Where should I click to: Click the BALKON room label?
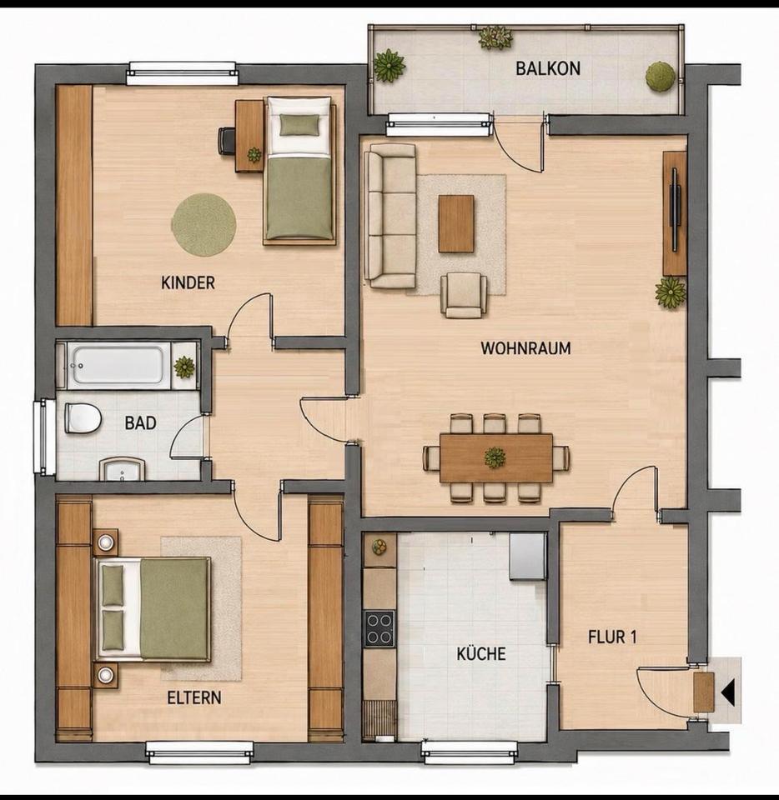[548, 68]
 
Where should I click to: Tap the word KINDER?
[188, 282]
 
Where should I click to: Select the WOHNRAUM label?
[525, 348]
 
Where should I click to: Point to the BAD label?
[140, 423]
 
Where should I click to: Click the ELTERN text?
[194, 697]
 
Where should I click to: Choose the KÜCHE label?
[481, 653]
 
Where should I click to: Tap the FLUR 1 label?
[612, 637]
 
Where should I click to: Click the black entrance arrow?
[728, 692]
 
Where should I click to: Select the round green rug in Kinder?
[204, 225]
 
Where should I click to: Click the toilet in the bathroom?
[83, 418]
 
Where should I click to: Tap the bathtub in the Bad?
[118, 366]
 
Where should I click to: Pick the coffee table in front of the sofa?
[456, 224]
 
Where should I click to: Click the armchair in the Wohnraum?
[464, 295]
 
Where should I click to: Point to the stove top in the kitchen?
[379, 628]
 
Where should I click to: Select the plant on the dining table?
[495, 457]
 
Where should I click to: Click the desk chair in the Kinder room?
[226, 140]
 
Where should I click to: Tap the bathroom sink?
[123, 469]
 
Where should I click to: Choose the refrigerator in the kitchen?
[528, 557]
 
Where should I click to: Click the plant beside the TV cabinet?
[671, 292]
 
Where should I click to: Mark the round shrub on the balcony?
[661, 77]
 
